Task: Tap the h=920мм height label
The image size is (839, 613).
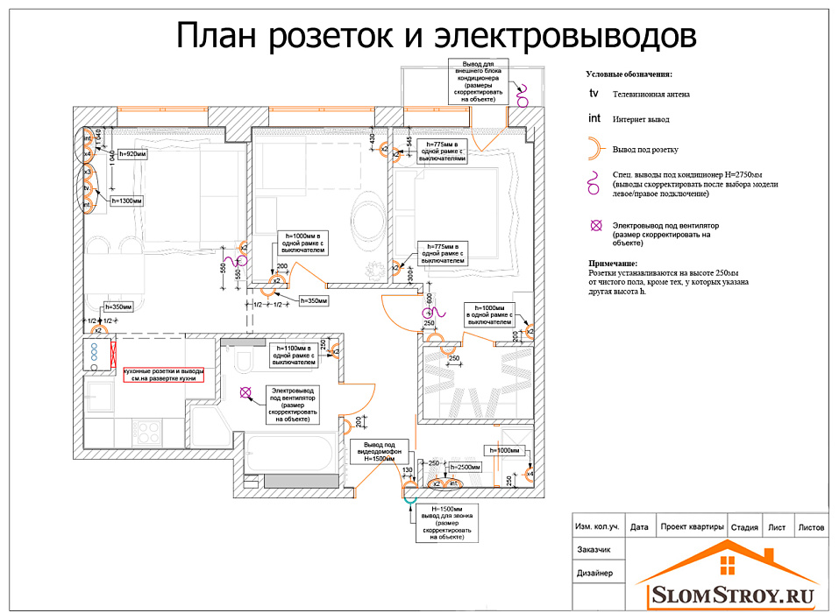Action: click(131, 154)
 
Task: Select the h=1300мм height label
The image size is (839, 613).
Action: click(126, 201)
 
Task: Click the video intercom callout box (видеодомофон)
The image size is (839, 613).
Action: click(379, 452)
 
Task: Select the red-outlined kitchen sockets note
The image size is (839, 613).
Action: click(163, 375)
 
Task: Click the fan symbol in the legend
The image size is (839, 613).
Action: click(596, 226)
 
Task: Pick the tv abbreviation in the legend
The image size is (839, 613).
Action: click(594, 93)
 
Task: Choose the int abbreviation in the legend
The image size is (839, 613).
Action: click(594, 118)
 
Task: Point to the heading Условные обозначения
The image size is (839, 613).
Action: click(629, 75)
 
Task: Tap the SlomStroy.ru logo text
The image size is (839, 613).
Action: click(734, 595)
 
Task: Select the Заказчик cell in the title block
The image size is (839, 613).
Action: click(593, 551)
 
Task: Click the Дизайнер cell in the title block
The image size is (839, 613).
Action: click(594, 574)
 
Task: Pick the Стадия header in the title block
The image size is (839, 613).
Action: click(743, 527)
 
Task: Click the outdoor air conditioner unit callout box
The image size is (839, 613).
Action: click(477, 81)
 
